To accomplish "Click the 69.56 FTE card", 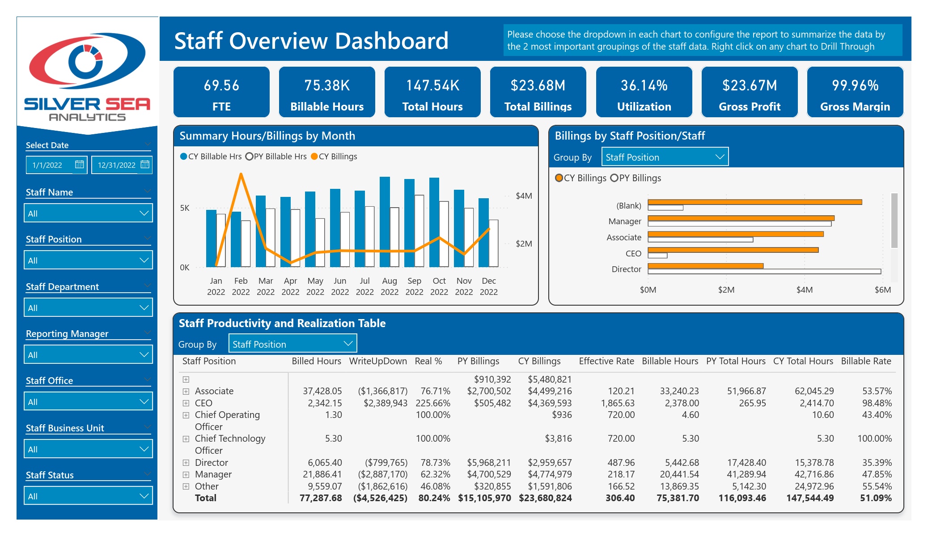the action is [221, 92].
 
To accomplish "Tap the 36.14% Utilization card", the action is [644, 92].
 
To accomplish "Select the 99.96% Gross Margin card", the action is [855, 92].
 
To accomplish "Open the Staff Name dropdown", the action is [88, 213].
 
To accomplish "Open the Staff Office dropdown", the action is [88, 401].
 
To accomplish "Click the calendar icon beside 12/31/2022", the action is [145, 165].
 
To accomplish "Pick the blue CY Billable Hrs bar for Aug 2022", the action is [385, 222].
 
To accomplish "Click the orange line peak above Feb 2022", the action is [241, 174].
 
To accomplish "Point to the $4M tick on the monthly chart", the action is [524, 196].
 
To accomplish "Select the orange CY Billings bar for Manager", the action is [741, 218].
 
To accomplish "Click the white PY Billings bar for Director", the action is [764, 271].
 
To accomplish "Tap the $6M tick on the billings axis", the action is [882, 290].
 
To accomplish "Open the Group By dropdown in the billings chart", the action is [665, 157].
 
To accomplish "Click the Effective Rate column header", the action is [606, 361].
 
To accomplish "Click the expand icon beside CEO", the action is [186, 403].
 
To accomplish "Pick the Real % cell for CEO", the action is [432, 403].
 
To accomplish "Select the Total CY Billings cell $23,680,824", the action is [545, 498].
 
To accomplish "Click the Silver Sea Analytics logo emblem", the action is [87, 61].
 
